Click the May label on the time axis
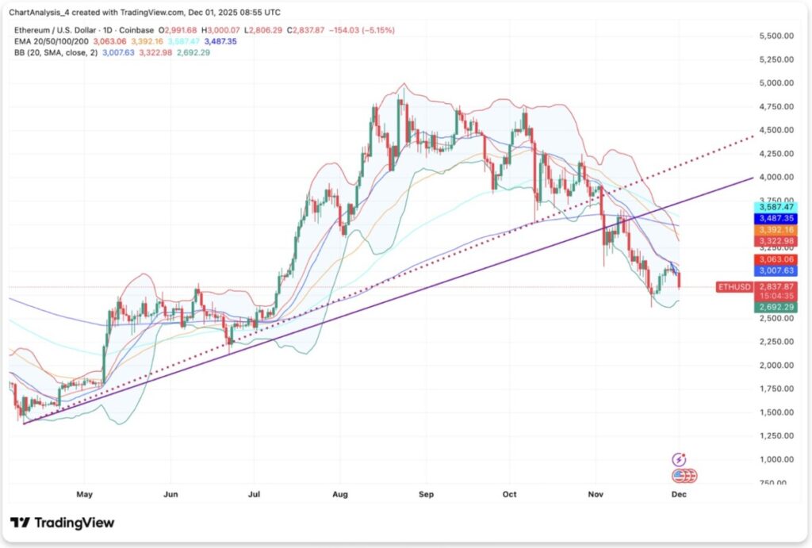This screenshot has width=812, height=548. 84,494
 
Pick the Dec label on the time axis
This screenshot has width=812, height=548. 679,494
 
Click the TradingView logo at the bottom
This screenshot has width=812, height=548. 63,523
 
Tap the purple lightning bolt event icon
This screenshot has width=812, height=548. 679,459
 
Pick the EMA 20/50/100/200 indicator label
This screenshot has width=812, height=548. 49,40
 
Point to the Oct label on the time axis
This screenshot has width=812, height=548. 509,494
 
